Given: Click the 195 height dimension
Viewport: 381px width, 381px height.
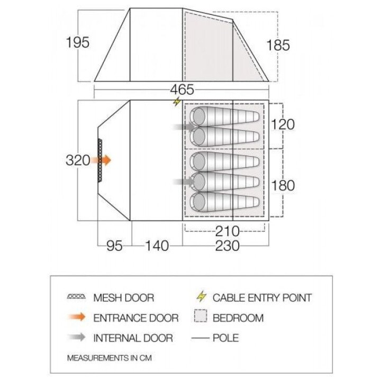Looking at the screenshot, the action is point(78,42).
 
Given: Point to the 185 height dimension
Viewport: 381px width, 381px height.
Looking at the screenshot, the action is point(278,45).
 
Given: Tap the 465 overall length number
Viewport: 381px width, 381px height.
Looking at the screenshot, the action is point(182,89).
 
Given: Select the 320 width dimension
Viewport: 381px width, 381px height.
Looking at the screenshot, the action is point(78,160).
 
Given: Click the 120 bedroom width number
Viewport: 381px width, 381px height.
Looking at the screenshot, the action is point(283,124).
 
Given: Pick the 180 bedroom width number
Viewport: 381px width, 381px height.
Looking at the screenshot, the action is point(283,185).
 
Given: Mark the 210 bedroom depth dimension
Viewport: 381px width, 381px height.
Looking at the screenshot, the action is point(228,231).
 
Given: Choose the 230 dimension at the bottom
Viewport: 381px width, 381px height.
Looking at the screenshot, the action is point(228,246).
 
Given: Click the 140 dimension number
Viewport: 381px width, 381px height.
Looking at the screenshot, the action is point(157,246).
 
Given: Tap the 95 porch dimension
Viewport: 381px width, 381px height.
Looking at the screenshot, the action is point(114,246).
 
